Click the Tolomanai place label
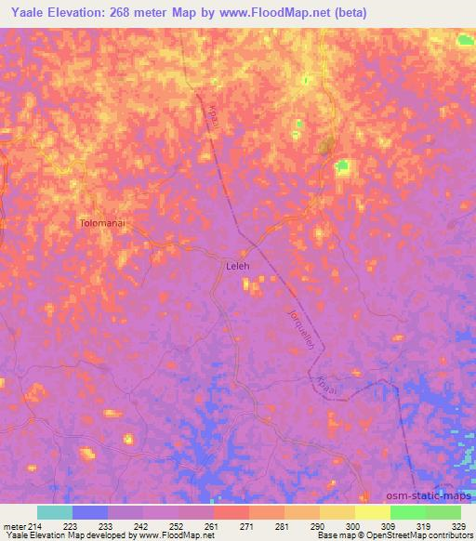(109, 224)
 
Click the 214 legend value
(37, 525)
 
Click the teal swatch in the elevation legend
(55, 512)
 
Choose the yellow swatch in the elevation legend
(372, 512)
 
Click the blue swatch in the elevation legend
(90, 512)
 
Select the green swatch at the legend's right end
(443, 512)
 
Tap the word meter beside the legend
(14, 525)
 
